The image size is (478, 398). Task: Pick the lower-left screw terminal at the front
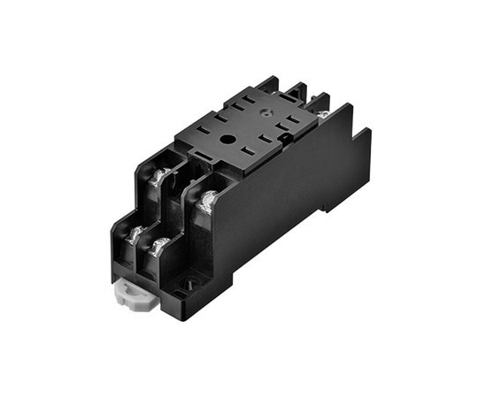tap(135, 235)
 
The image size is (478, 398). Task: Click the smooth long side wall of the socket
tap(283, 203)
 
